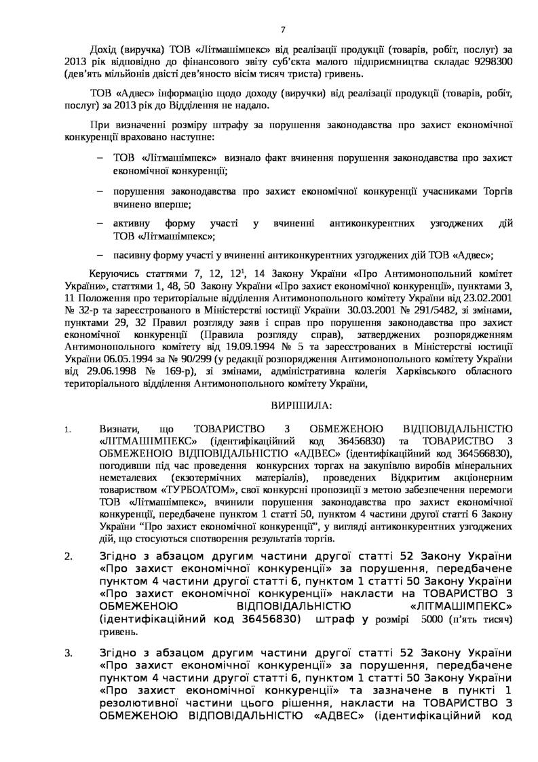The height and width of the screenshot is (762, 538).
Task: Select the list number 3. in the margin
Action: click(69, 653)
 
